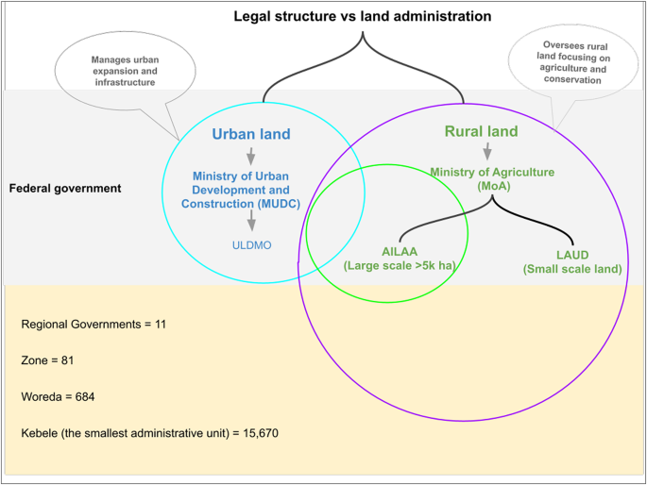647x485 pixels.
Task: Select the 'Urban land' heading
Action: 251,135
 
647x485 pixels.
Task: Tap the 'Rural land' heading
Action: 481,131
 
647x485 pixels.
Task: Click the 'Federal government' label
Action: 64,189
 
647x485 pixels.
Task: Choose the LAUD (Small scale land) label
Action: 572,261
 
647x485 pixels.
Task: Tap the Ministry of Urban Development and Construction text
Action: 252,191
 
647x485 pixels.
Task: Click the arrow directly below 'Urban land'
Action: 251,156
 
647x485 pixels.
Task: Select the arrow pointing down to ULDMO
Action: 251,221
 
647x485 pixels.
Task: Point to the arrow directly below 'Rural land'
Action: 487,151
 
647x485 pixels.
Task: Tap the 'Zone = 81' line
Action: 47,360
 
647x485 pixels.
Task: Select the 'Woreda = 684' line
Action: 58,397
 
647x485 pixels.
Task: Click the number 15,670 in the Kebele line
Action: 256,433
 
